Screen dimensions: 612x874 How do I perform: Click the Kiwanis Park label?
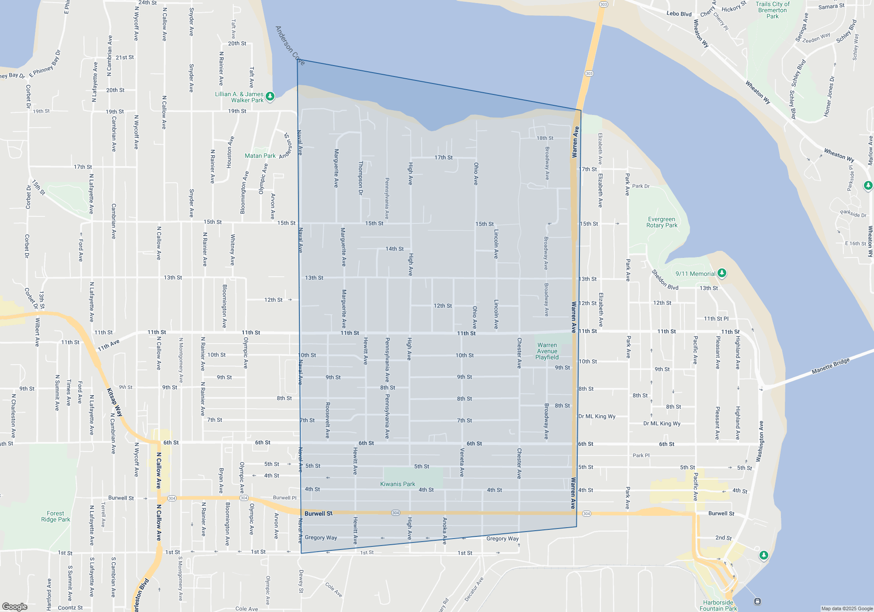[397, 484]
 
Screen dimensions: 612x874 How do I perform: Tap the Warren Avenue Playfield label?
[547, 351]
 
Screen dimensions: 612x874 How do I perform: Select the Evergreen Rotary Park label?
[662, 223]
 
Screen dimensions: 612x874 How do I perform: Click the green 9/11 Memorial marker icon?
[722, 273]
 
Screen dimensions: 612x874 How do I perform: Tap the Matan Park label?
[260, 156]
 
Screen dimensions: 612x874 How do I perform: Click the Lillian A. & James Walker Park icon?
[270, 96]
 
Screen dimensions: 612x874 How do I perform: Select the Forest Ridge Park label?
[55, 516]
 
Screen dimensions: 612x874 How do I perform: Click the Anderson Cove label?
[290, 45]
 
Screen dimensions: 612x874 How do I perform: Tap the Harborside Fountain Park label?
[718, 605]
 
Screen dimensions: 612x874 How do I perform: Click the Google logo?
[15, 606]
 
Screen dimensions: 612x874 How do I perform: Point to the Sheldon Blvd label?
[665, 280]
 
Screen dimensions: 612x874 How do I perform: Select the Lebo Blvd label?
[679, 14]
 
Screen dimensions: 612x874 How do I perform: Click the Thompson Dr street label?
[361, 178]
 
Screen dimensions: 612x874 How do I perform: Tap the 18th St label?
[545, 138]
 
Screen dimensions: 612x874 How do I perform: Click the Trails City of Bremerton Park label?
[772, 10]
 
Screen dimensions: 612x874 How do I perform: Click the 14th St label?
[394, 249]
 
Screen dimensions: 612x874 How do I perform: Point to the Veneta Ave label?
[462, 462]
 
